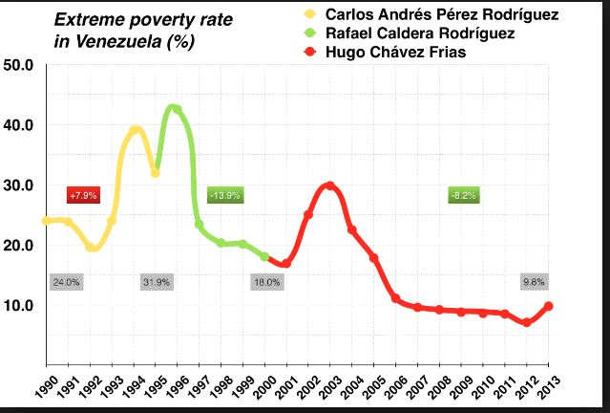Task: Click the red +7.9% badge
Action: click(x=83, y=195)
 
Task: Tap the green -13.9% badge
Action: click(x=224, y=195)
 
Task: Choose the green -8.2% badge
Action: click(x=463, y=195)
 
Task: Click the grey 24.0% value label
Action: click(x=66, y=282)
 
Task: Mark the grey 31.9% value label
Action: click(x=156, y=282)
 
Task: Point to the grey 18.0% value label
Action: click(x=266, y=282)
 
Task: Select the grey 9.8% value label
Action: click(x=533, y=282)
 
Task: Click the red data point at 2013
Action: click(x=548, y=306)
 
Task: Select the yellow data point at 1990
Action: click(x=46, y=221)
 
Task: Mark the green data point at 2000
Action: click(x=264, y=257)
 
